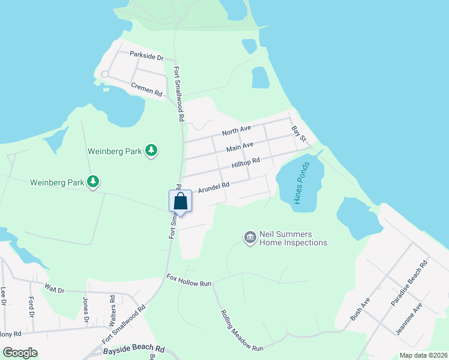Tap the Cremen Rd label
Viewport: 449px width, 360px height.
[146, 90]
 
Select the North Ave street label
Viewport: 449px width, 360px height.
[236, 130]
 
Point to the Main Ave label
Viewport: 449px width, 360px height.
[240, 146]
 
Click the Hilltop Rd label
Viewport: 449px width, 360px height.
[246, 161]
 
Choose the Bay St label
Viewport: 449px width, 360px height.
[299, 134]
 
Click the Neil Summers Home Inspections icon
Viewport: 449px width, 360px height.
[250, 238]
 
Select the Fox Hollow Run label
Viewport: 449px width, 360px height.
[190, 280]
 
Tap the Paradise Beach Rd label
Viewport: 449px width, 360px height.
[409, 283]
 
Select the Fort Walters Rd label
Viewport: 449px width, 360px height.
[112, 306]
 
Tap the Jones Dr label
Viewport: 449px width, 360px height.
[86, 307]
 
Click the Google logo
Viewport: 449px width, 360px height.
[20, 353]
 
